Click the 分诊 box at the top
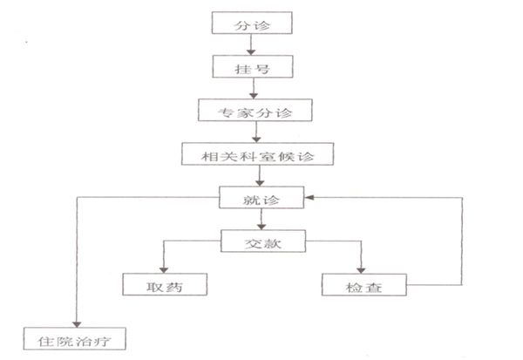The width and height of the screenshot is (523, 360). (252, 23)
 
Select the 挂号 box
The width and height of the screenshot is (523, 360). (253, 67)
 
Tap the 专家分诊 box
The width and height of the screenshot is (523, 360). (255, 110)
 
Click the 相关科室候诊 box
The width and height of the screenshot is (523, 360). (257, 153)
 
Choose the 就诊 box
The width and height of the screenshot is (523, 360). (261, 198)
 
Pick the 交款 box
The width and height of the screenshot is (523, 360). (263, 241)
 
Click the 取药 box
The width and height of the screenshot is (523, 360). (165, 284)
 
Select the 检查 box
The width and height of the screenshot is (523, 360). (363, 284)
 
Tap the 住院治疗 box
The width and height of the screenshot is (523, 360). (74, 338)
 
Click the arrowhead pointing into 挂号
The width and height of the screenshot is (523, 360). (251, 52)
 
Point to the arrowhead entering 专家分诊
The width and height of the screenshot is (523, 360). (254, 96)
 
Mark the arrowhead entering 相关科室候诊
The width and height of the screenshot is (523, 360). (256, 139)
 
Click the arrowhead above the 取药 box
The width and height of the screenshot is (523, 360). (164, 270)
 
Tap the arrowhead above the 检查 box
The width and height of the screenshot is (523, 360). (361, 270)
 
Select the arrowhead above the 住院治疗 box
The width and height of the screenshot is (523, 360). (77, 324)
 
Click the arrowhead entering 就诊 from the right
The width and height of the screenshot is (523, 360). (309, 198)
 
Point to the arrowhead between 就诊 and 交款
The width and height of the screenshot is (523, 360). (261, 227)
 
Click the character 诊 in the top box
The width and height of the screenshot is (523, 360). (261, 25)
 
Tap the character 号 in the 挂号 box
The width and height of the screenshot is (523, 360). (262, 69)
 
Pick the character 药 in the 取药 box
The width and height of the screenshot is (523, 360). (174, 287)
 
